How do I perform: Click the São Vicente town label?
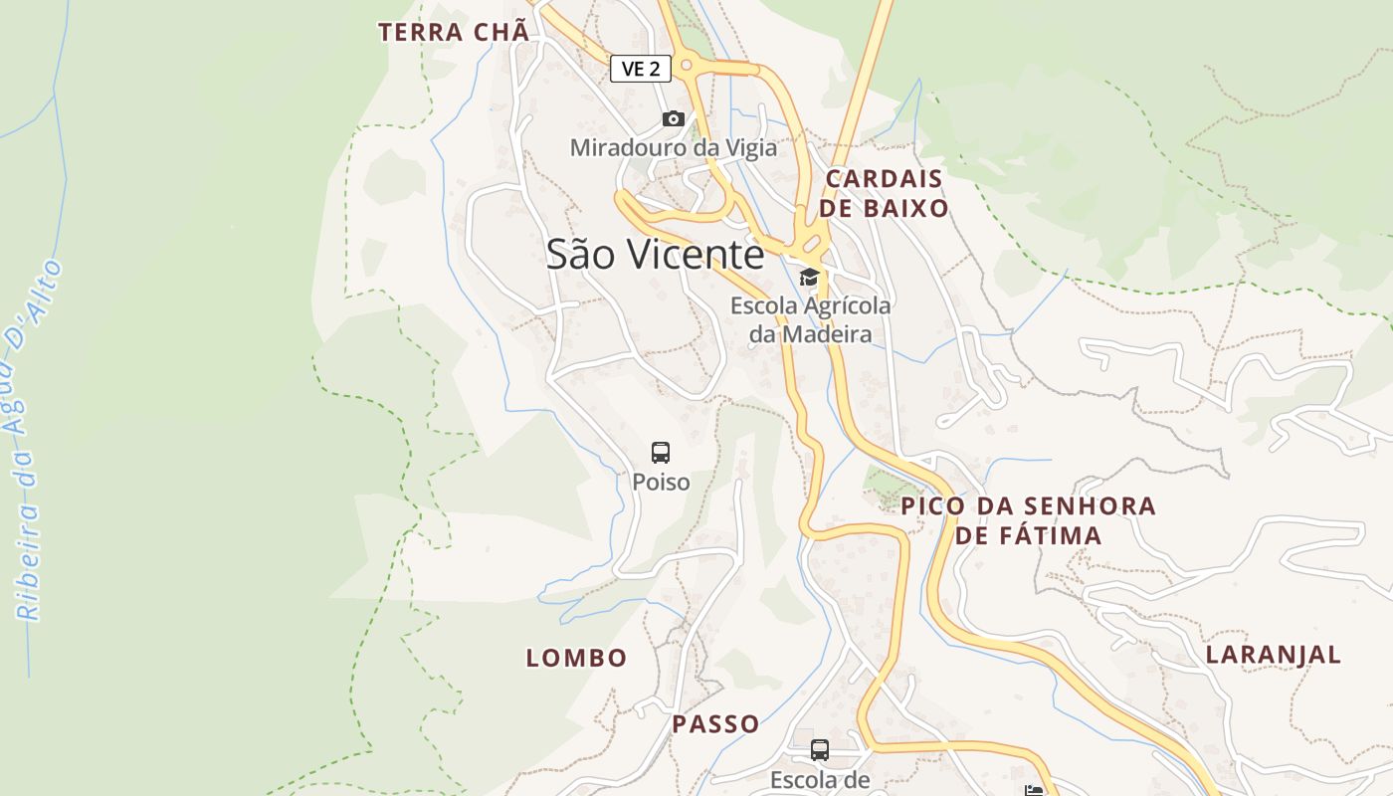tap(655, 255)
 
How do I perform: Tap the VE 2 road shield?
tap(640, 69)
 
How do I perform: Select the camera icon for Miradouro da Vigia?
tap(674, 119)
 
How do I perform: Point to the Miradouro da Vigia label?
tap(674, 148)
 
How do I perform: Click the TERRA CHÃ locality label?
tap(453, 32)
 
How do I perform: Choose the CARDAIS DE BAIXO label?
tap(885, 194)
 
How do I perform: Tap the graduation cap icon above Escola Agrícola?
tap(809, 278)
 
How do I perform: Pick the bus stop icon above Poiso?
tap(661, 453)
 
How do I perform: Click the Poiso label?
tap(661, 483)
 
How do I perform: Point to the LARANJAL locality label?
tap(1274, 655)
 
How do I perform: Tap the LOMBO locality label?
tap(576, 658)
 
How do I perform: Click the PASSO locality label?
tap(715, 724)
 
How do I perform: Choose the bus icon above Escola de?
tap(820, 750)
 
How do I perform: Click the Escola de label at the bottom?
tap(820, 780)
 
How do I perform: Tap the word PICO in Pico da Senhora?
tap(932, 506)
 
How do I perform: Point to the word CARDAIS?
tap(885, 179)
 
